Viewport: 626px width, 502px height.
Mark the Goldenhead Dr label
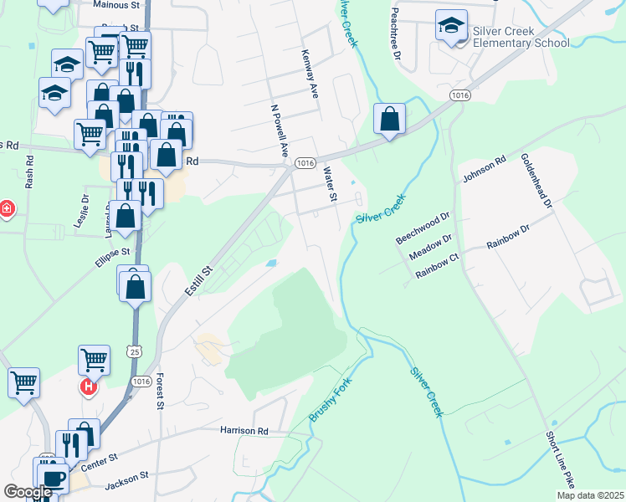tap(536, 180)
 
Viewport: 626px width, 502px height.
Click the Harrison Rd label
tap(244, 431)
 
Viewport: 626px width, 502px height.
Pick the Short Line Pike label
tap(560, 460)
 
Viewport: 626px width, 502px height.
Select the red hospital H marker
tap(87, 387)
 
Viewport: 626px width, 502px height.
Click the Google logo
tap(28, 492)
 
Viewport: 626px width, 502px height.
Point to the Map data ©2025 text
tap(590, 495)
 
